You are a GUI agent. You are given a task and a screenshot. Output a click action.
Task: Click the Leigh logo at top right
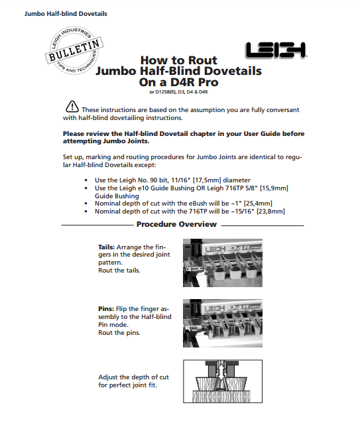[276, 50]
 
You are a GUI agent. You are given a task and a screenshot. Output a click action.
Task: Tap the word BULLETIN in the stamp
[74, 50]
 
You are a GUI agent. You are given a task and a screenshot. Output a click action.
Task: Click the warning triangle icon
[72, 106]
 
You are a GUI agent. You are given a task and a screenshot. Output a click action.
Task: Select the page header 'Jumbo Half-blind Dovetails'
[66, 14]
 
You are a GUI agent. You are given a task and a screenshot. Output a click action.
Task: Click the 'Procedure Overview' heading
[176, 224]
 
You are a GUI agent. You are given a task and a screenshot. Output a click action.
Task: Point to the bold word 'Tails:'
[107, 247]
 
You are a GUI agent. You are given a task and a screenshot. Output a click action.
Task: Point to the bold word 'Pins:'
[106, 309]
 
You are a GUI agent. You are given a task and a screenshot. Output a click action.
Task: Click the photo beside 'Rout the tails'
[223, 263]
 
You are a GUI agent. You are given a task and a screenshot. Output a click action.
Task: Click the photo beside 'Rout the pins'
[223, 324]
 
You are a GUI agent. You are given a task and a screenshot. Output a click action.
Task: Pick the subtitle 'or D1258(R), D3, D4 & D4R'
[178, 92]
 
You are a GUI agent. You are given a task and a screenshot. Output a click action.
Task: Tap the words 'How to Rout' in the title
[178, 60]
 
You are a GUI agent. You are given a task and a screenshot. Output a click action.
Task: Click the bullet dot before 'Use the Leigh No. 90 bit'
[86, 180]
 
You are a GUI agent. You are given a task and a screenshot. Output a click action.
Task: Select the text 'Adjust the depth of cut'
[133, 377]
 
